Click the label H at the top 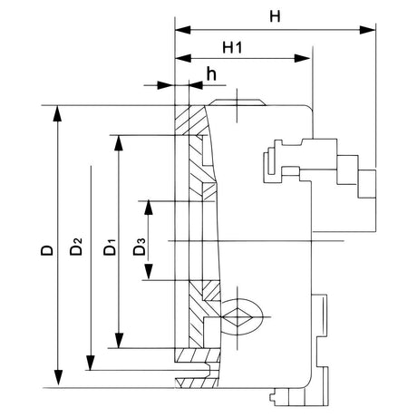pos(274,16)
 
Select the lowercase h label pos(210,72)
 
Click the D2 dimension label pos(79,246)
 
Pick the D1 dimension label pos(108,246)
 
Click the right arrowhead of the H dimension pos(370,30)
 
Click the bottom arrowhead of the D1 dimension pos(118,343)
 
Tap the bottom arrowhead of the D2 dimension pos(89,364)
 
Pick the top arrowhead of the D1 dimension pos(118,141)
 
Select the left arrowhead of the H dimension pos(178,30)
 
